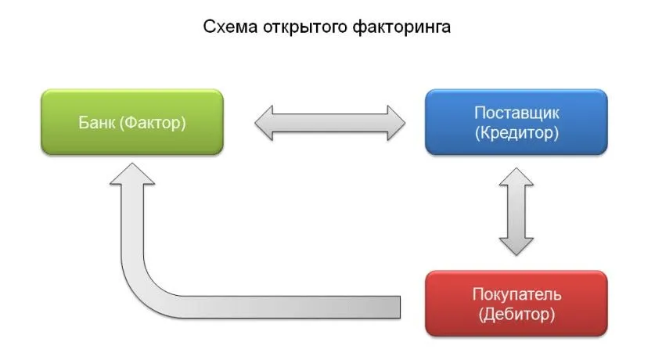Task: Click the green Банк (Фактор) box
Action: point(131,122)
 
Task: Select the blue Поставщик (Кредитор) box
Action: point(516,122)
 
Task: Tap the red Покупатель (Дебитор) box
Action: point(516,304)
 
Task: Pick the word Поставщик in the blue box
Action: point(516,113)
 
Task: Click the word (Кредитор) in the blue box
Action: point(516,132)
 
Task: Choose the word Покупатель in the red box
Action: point(516,294)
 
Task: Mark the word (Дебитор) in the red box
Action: point(516,314)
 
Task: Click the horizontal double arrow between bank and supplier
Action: point(330,123)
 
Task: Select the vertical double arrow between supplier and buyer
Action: point(516,211)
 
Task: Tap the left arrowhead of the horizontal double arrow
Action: point(266,123)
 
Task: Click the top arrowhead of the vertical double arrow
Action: point(516,178)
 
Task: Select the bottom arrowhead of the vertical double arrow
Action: point(516,245)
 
